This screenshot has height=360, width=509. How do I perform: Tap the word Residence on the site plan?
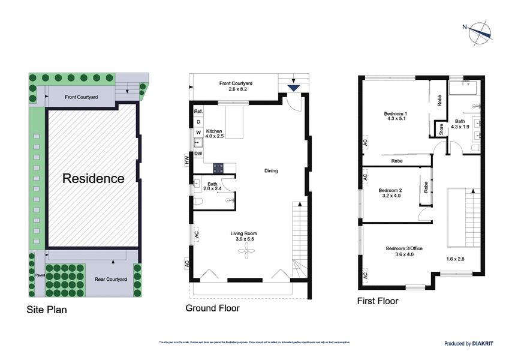point(94,178)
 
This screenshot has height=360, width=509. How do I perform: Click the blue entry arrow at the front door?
point(293,88)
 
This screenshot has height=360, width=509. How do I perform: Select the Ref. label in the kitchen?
point(198,112)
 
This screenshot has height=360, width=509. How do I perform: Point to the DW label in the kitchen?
point(198,153)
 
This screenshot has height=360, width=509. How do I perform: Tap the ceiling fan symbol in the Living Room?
point(246,253)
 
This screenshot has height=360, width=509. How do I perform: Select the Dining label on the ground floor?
point(271,171)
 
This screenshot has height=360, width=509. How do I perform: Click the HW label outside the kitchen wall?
point(187,160)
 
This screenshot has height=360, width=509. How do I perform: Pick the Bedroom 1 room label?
point(396,114)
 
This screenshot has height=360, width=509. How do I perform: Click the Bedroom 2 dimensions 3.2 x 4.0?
point(390,196)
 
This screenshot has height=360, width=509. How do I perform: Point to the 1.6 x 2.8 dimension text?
point(456,259)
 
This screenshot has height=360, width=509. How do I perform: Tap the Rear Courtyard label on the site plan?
point(111,280)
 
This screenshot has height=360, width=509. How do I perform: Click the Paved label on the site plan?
point(40,277)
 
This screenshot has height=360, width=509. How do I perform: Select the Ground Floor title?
point(212,308)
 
